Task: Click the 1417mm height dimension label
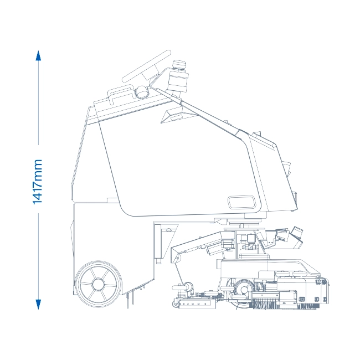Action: pyautogui.click(x=38, y=182)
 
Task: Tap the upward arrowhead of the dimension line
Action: pyautogui.click(x=38, y=56)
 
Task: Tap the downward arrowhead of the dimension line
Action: pyautogui.click(x=38, y=305)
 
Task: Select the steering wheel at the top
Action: pyautogui.click(x=147, y=66)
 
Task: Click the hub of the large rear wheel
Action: pyautogui.click(x=99, y=284)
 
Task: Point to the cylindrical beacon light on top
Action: pyautogui.click(x=178, y=77)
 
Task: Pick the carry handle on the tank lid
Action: pyautogui.click(x=121, y=93)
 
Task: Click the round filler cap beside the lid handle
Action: pyautogui.click(x=142, y=92)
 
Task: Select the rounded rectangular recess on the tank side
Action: pyautogui.click(x=241, y=202)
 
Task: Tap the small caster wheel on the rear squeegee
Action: pyautogui.click(x=176, y=304)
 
